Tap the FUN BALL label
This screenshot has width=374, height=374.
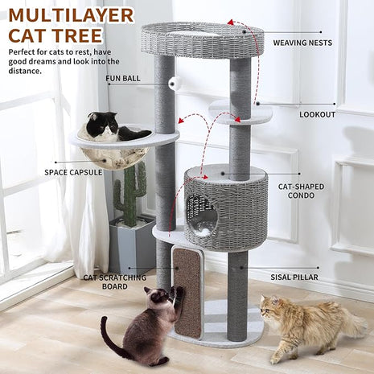[x=123, y=79]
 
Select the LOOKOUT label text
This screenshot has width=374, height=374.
[x=317, y=114]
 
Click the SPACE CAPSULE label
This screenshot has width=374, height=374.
[x=73, y=171]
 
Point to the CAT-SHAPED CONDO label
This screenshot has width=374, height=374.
[x=302, y=191]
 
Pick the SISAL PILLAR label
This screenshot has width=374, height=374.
[x=294, y=277]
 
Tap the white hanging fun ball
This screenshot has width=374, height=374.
[x=173, y=81]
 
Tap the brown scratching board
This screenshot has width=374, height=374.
[x=188, y=292]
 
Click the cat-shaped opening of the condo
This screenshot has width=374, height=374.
[x=201, y=214]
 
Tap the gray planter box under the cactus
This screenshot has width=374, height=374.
[x=131, y=245]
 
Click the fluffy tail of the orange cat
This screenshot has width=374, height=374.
[x=351, y=323]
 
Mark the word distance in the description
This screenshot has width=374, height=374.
[x=25, y=70]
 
